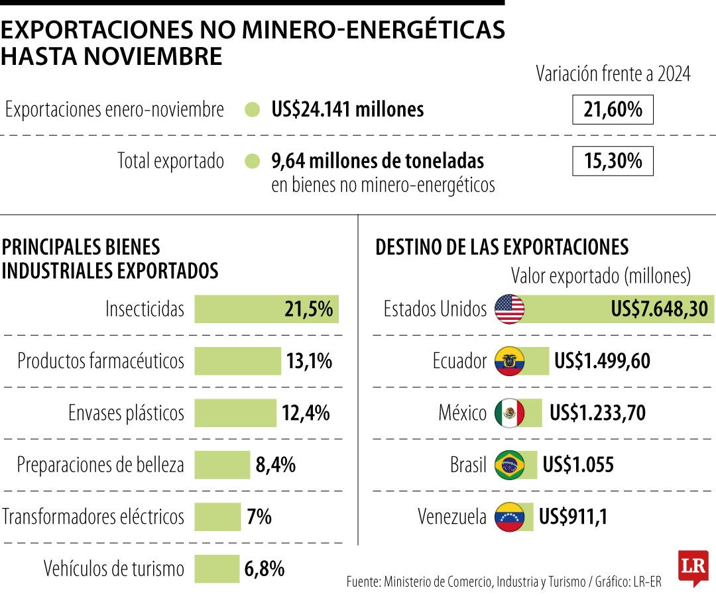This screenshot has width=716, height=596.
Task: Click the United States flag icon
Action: tap(509, 309)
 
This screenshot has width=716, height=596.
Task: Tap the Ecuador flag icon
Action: tap(509, 361)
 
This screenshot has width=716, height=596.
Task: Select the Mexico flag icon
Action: tap(509, 413)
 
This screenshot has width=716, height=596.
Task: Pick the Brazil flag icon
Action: tap(509, 465)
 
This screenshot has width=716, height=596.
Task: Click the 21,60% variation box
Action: tap(613, 110)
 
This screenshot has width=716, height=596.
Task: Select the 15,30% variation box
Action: tap(613, 161)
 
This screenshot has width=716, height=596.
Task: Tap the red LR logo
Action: tap(693, 568)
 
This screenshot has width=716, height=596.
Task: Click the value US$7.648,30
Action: tap(660, 309)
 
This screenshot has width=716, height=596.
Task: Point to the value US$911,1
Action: tap(573, 517)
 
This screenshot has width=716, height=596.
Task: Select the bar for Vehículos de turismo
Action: tap(217, 568)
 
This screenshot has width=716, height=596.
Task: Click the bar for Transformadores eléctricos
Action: tap(217, 517)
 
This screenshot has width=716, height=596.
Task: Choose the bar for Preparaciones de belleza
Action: tap(222, 465)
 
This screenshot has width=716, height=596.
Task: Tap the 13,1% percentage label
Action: tap(309, 361)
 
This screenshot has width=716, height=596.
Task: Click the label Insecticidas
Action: tap(145, 309)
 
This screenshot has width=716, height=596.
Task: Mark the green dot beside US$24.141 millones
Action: tap(252, 110)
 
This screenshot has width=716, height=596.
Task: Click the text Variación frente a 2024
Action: tap(613, 74)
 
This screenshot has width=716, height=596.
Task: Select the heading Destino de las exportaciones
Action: tap(502, 247)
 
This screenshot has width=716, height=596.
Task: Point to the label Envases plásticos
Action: tap(126, 413)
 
